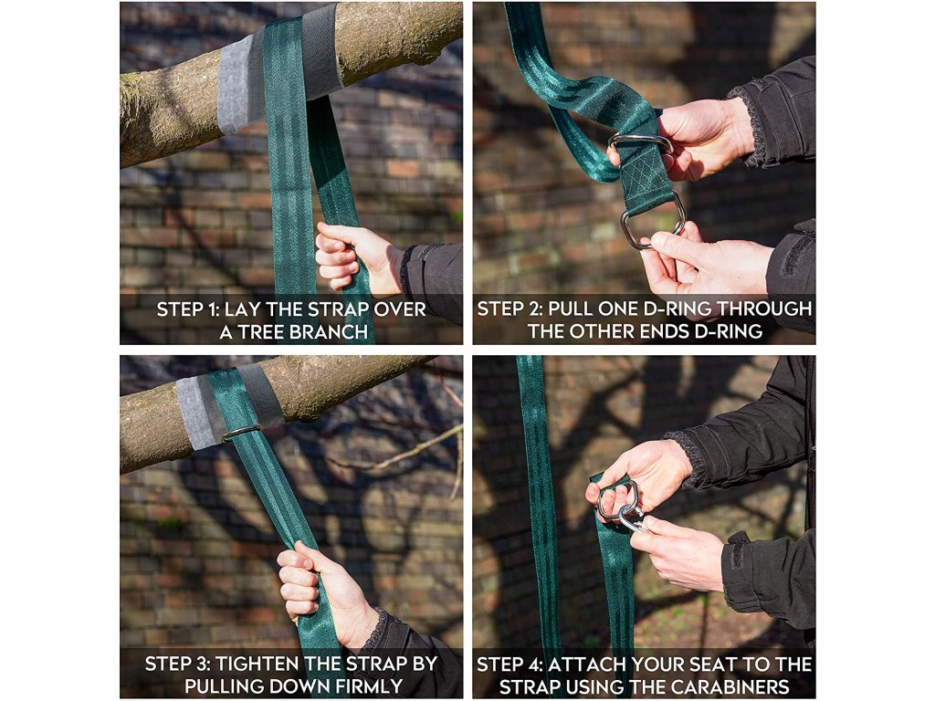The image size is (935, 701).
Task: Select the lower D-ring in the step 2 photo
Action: (x=652, y=222)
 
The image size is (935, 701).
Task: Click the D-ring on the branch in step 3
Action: (x=241, y=431)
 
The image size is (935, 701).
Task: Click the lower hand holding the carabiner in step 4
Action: (x=678, y=551)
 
